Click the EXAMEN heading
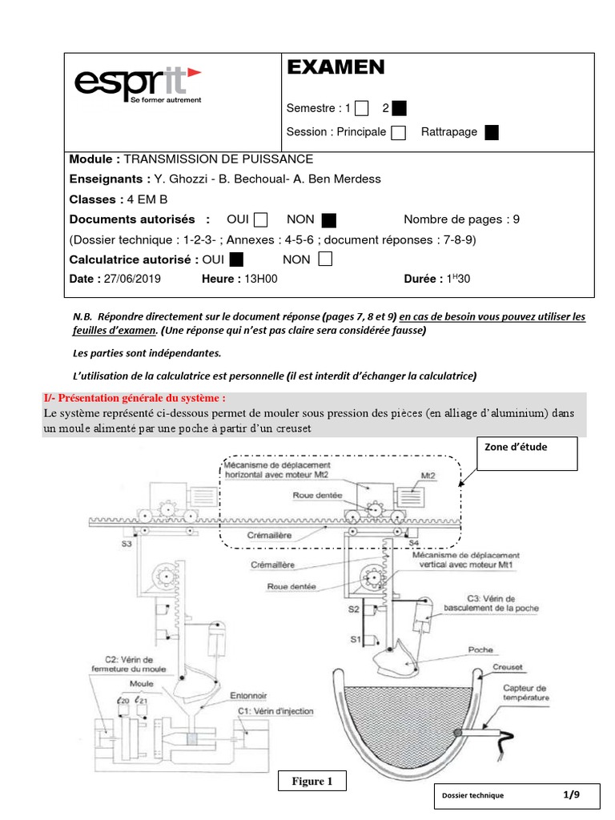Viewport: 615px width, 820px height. pyautogui.click(x=336, y=68)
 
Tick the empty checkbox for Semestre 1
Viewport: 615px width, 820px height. pyautogui.click(x=362, y=108)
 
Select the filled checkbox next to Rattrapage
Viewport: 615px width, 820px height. pyautogui.click(x=492, y=132)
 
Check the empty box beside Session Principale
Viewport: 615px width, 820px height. pyautogui.click(x=398, y=132)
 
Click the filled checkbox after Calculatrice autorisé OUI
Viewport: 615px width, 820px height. pyautogui.click(x=236, y=259)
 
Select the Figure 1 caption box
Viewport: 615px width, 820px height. pyautogui.click(x=313, y=781)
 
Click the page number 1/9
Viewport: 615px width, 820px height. pyautogui.click(x=571, y=794)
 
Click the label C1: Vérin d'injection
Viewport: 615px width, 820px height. pyautogui.click(x=275, y=710)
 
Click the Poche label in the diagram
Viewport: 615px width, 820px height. pyautogui.click(x=480, y=649)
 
